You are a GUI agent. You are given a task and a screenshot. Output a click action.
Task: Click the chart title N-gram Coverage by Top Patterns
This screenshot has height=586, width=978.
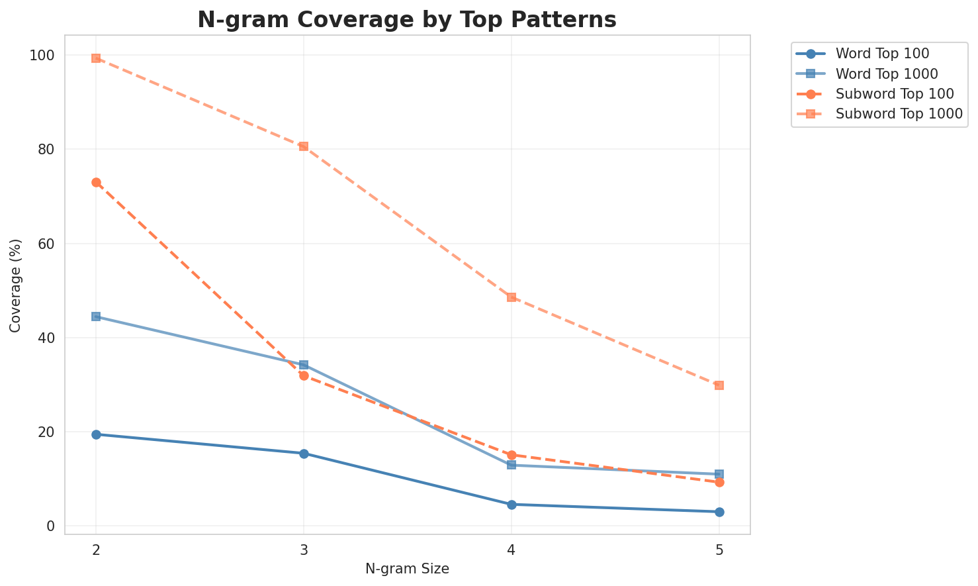click(407, 20)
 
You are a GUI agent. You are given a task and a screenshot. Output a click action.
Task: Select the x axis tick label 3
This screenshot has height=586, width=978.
click(304, 550)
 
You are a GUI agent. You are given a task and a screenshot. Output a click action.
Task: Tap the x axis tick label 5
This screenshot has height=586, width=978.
click(719, 550)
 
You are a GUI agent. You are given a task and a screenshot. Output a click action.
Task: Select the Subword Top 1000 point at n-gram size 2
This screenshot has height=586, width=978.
click(96, 58)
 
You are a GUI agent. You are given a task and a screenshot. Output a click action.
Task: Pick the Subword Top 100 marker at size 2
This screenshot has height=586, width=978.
click(96, 182)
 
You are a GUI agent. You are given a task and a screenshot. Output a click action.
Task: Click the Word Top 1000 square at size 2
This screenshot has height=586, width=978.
click(96, 317)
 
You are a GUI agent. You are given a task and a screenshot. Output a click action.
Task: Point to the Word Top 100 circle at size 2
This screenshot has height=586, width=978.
click(96, 434)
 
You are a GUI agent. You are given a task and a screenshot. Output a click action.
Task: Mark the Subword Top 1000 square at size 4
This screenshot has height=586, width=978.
click(511, 297)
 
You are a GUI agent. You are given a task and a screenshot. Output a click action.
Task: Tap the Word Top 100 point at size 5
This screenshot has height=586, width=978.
click(719, 512)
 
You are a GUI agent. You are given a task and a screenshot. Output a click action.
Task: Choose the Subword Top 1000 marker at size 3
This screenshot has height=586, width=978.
click(304, 146)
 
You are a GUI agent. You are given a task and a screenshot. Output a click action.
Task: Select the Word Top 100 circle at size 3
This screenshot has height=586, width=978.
click(304, 454)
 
